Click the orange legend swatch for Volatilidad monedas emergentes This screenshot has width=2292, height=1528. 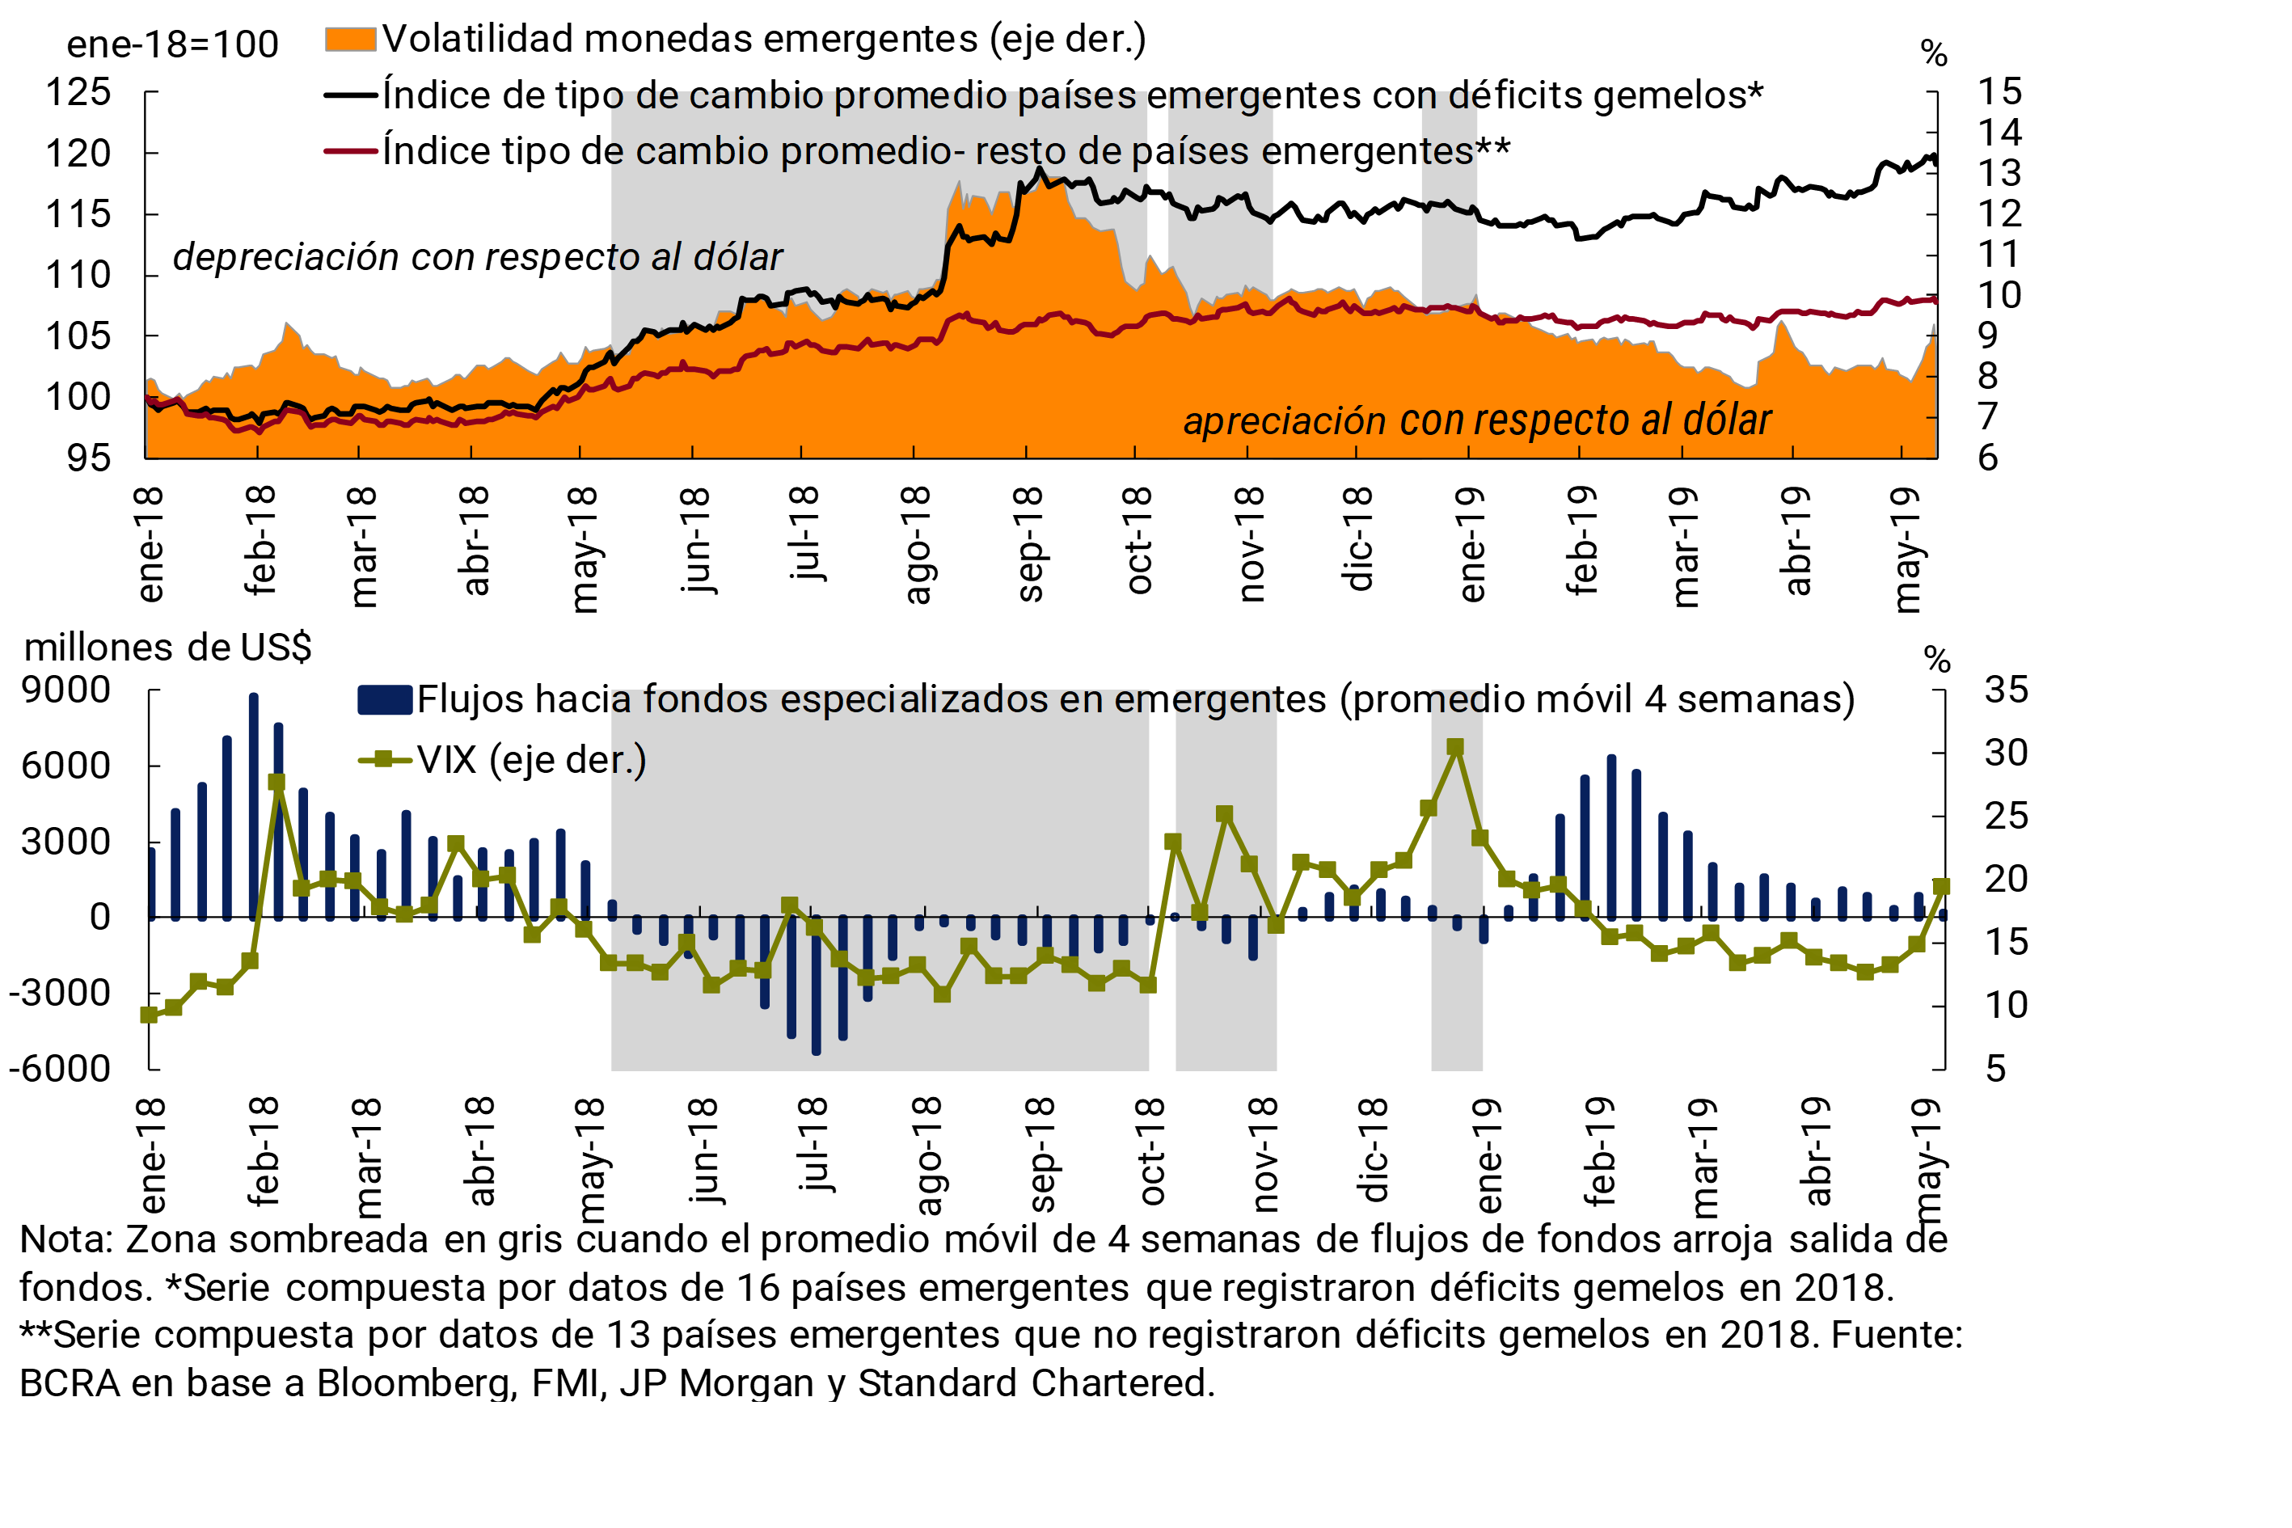pos(350,39)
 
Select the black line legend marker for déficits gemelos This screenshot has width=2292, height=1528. pos(350,95)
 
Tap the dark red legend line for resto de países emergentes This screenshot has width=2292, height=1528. pos(350,151)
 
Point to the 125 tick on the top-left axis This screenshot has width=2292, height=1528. pos(78,93)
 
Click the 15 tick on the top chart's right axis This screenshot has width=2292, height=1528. pos(1999,91)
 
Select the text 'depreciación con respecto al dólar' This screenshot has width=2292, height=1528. pos(478,257)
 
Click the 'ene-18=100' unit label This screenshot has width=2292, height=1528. pos(172,44)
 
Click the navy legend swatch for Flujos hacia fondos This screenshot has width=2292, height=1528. pos(384,699)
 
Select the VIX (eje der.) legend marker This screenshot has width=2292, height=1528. pos(384,760)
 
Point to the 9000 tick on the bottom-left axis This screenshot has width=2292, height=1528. pos(66,690)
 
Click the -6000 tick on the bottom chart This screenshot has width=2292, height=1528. pos(61,1069)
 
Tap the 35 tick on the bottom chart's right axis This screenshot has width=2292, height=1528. pos(2007,690)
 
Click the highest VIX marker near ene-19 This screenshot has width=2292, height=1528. pos(1455,748)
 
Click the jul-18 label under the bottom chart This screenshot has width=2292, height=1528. pos(813,1145)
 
